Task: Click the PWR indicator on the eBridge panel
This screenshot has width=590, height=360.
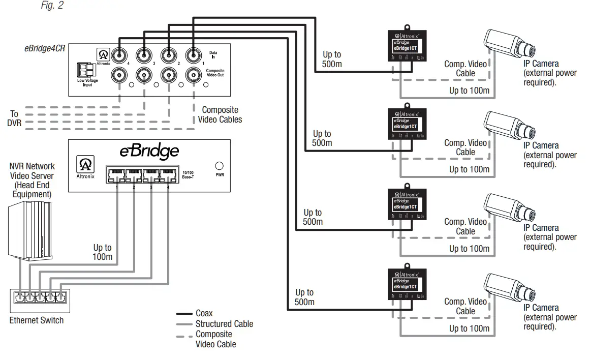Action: tap(220, 166)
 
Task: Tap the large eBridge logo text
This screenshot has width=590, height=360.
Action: tap(149, 151)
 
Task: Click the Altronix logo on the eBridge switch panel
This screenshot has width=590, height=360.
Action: tap(84, 165)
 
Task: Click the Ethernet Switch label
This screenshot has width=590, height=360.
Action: tap(37, 320)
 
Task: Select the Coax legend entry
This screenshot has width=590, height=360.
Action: tap(204, 313)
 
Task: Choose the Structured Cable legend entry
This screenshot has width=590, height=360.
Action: tap(224, 323)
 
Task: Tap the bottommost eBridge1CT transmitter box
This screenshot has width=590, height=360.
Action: tap(406, 283)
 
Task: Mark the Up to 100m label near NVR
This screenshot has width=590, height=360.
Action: tap(102, 252)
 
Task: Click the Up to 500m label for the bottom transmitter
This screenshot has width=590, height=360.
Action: tap(304, 297)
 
